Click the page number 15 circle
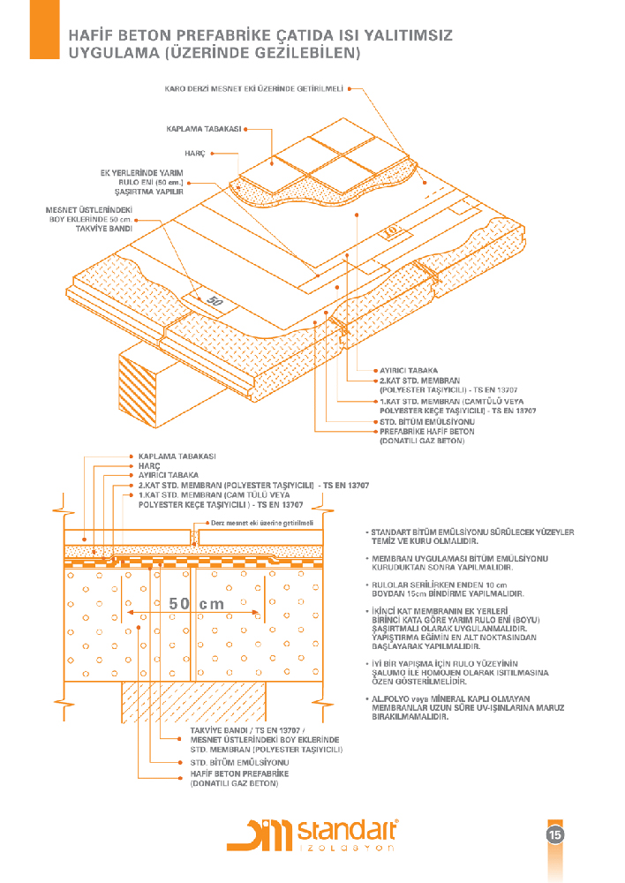pos(554,834)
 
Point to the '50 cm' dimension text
pos(196,604)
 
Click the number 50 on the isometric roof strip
pos(214,300)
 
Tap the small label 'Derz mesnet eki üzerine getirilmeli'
pos(263,523)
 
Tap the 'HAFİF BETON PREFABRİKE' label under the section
pos(240,774)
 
